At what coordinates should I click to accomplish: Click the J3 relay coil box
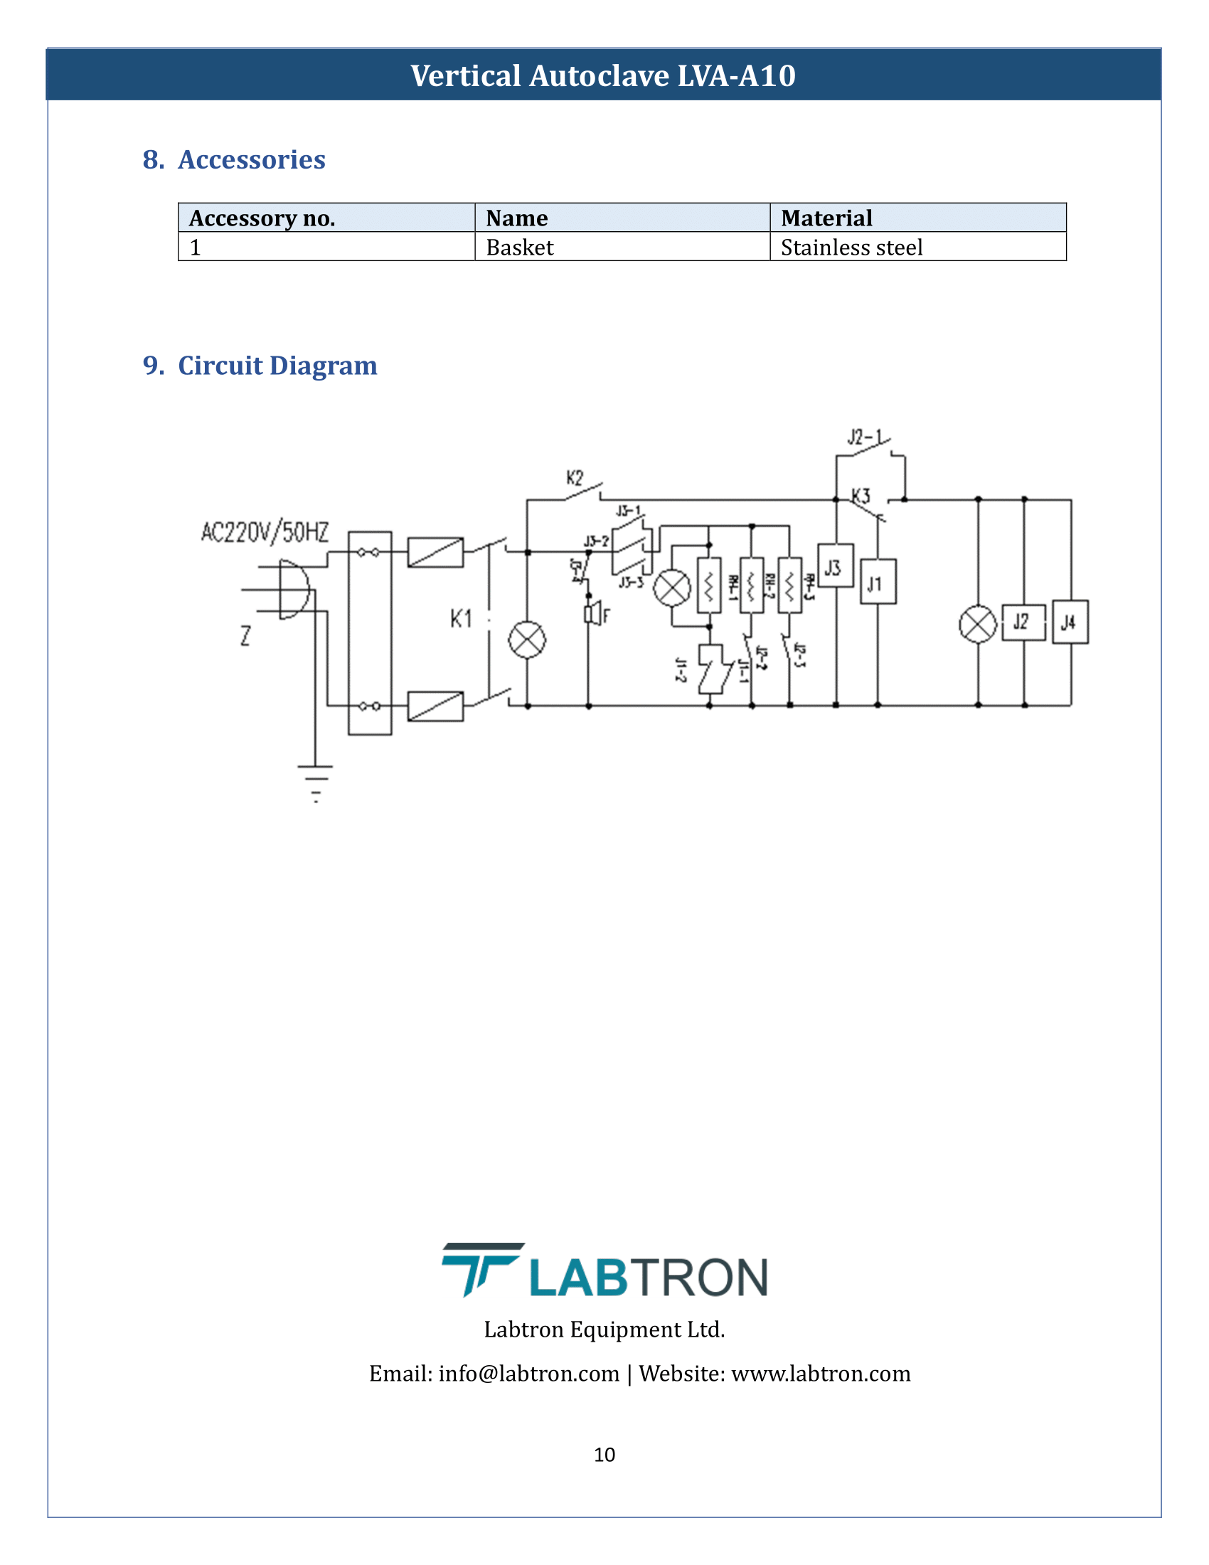pyautogui.click(x=835, y=566)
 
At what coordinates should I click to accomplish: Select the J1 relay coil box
pyautogui.click(x=878, y=582)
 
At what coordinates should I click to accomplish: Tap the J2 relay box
pyautogui.click(x=1023, y=622)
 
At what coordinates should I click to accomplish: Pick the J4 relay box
pyautogui.click(x=1070, y=622)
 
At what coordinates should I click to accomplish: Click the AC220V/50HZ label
pyautogui.click(x=265, y=532)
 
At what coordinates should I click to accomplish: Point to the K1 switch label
pyautogui.click(x=461, y=618)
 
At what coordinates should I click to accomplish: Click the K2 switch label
pyautogui.click(x=575, y=478)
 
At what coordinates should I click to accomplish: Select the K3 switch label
pyautogui.click(x=861, y=496)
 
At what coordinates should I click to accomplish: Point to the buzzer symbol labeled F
pyautogui.click(x=592, y=614)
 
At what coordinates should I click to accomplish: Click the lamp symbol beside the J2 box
pyautogui.click(x=978, y=624)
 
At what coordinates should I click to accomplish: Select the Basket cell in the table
pyautogui.click(x=520, y=248)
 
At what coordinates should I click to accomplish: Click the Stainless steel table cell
pyautogui.click(x=851, y=248)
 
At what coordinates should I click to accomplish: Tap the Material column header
pyautogui.click(x=826, y=218)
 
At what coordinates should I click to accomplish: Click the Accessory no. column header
pyautogui.click(x=262, y=218)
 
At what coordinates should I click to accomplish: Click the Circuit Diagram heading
pyautogui.click(x=277, y=366)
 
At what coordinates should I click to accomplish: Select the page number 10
pyautogui.click(x=604, y=1454)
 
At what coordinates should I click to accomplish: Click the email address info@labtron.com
pyautogui.click(x=528, y=1373)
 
